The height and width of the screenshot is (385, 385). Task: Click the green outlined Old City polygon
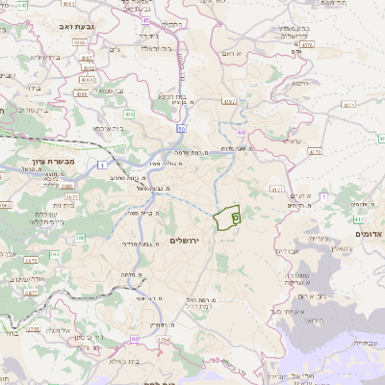(x=228, y=218)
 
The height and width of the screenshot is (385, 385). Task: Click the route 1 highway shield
(x=102, y=166)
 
